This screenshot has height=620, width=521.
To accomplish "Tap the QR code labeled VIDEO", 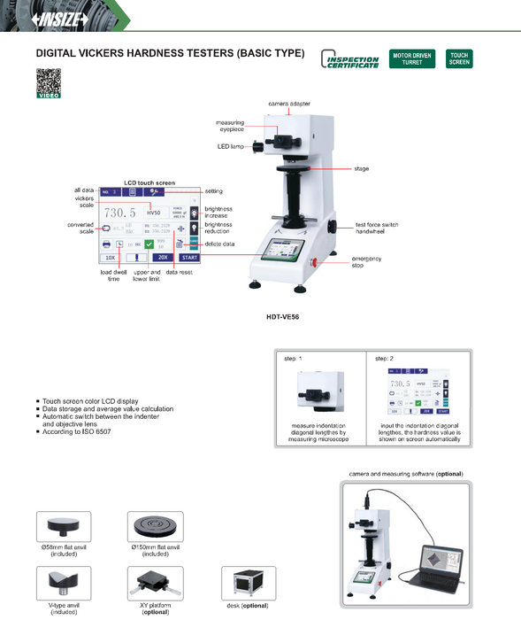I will pos(48,81).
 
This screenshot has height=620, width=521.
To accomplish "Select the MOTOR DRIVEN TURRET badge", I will pos(411,59).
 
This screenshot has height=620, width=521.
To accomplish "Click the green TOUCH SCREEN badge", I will pos(459,59).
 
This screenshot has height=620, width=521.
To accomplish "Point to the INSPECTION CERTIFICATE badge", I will pos(349,60).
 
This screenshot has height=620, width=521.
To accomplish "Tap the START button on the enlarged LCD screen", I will pos(189,258).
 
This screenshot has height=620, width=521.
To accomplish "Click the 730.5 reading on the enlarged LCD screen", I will pos(119,213).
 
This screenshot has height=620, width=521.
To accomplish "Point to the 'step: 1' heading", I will pos(293,359).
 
